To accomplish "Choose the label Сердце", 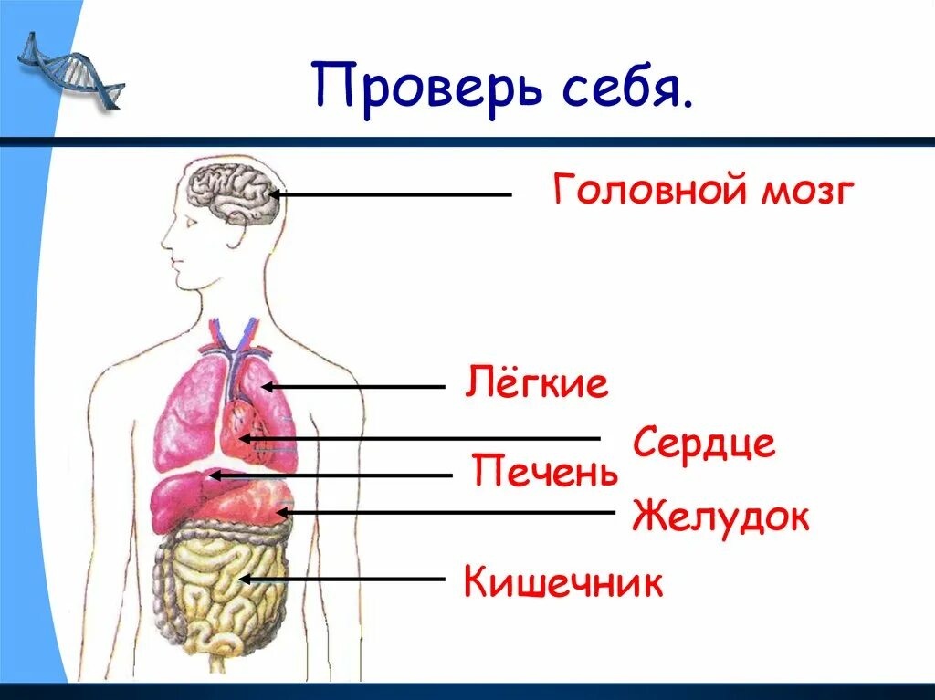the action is pos(703,444).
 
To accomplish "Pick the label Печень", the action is pos(545,473).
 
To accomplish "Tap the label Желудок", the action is pos(720,517).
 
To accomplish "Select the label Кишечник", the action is pos(562,581).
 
